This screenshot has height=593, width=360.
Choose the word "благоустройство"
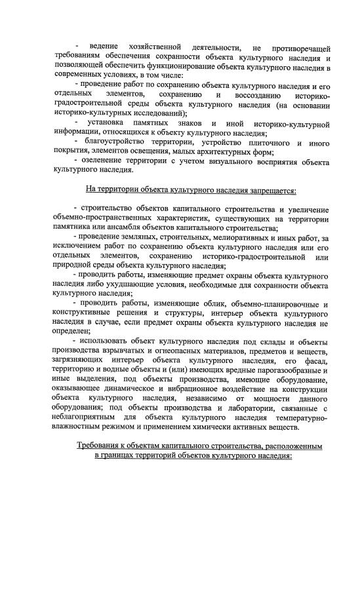(119, 143)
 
